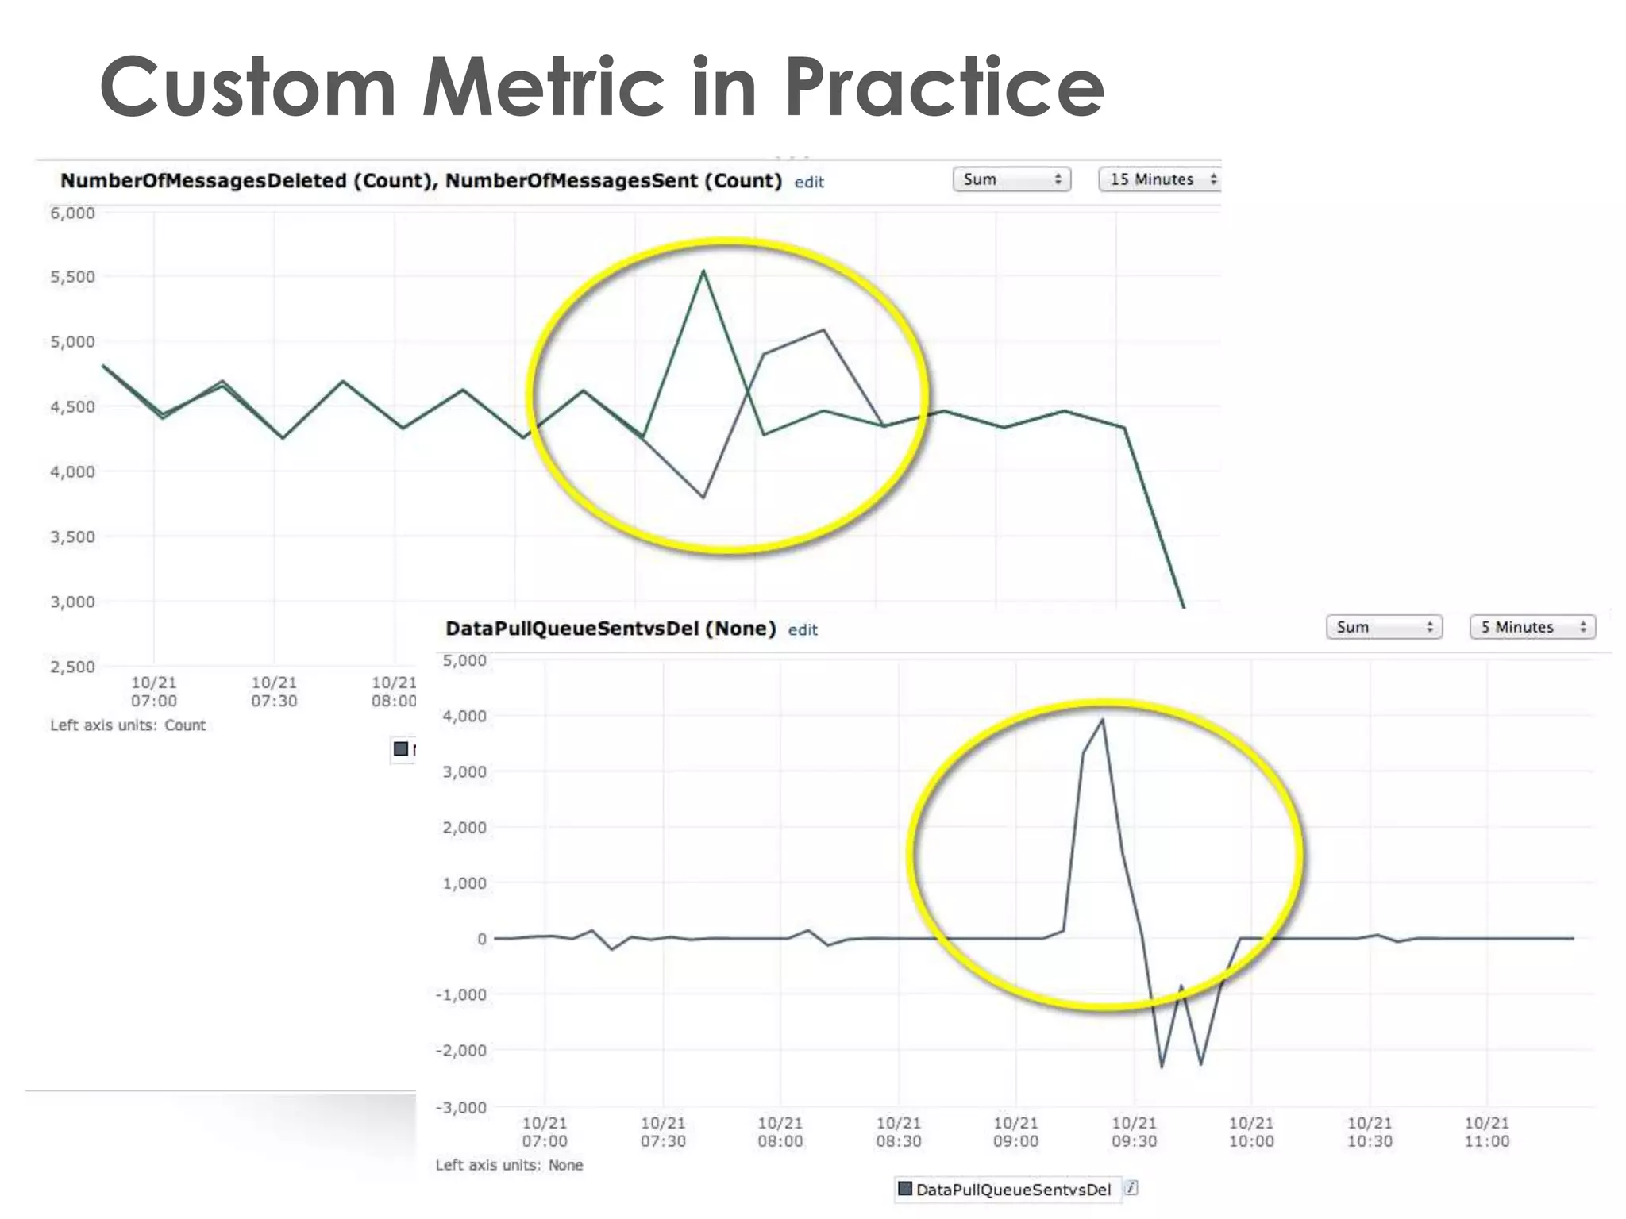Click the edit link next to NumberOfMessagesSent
809,182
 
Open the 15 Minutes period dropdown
1159,179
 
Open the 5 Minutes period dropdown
1532,627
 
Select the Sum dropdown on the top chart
1011,179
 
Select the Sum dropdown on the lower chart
1383,627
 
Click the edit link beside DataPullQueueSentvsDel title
802,629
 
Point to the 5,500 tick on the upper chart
72,277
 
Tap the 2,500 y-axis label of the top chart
72,667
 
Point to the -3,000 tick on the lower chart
461,1107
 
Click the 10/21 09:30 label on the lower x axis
1133,1132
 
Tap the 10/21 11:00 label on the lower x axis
1486,1132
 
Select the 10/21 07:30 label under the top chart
274,692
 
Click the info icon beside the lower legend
1131,1188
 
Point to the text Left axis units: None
509,1165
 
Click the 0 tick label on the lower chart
481,939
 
